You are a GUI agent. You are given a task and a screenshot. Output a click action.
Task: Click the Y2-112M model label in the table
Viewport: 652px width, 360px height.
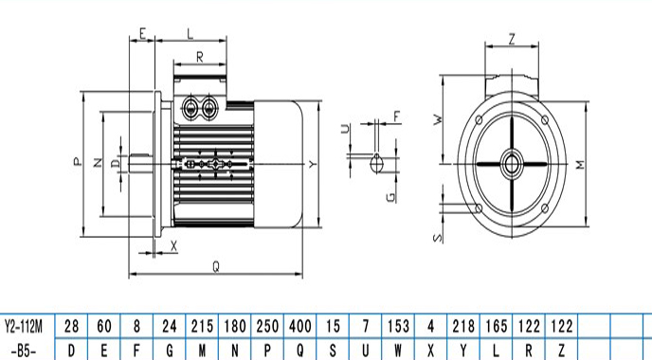point(24,326)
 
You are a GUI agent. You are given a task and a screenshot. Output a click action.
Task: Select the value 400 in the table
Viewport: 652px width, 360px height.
point(299,326)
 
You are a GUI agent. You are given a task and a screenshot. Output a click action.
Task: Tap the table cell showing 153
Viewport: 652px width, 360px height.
point(398,326)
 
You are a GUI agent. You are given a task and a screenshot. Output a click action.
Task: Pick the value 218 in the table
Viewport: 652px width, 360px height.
point(463,326)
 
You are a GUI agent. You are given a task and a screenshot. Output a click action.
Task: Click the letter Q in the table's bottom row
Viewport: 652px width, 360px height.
point(299,351)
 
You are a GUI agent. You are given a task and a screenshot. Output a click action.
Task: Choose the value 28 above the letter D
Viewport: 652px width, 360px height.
point(71,326)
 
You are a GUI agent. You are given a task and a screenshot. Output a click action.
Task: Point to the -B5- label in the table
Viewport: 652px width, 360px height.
point(24,351)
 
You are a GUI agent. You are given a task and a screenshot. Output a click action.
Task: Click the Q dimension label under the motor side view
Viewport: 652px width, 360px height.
point(216,266)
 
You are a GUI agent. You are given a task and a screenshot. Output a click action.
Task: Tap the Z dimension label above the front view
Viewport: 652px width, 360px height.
point(512,39)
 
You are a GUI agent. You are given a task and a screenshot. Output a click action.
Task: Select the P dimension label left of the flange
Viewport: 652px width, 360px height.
point(78,161)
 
